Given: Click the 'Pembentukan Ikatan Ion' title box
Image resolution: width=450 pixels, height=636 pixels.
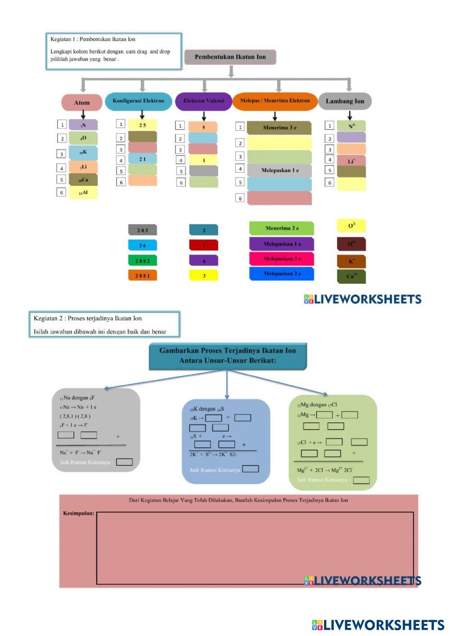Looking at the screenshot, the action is (230, 57).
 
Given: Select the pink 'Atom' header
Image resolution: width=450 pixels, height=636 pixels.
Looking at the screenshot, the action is (82, 103).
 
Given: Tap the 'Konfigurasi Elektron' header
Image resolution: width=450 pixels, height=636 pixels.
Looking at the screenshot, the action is (139, 101).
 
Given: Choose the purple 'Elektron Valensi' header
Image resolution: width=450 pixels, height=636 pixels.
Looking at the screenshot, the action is (203, 101).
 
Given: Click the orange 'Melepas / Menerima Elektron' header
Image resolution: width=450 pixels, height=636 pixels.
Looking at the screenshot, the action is (275, 101).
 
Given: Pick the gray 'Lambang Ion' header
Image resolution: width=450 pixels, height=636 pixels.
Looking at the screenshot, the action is (345, 101).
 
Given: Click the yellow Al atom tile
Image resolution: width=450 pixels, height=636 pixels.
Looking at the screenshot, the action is (83, 193).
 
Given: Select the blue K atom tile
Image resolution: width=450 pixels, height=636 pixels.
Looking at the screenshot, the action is (83, 152).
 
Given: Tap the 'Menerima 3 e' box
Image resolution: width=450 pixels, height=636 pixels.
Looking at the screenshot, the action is (279, 128).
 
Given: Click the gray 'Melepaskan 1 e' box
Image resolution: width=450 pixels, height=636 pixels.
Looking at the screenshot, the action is (279, 170).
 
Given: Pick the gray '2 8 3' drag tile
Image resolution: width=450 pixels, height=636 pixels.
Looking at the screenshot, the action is (142, 230).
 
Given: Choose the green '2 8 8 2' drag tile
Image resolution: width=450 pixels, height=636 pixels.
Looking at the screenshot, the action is (142, 261).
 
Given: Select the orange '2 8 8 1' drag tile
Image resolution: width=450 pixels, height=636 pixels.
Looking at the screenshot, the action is (142, 275).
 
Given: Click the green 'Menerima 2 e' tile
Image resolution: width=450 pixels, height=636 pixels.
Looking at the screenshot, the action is (282, 228).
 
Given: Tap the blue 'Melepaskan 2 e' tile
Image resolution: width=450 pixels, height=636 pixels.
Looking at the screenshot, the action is (282, 273).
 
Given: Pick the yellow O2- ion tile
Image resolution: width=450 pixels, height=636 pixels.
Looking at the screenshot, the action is (351, 226).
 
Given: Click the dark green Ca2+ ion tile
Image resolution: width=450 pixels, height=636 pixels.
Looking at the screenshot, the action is (351, 276).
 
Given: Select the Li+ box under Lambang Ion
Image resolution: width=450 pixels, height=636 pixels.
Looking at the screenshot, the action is (351, 161).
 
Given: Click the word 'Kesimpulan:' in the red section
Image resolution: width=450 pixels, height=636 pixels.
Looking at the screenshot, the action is (79, 513).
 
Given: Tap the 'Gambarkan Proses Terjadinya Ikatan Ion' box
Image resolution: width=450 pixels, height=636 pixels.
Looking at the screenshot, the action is (228, 356).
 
